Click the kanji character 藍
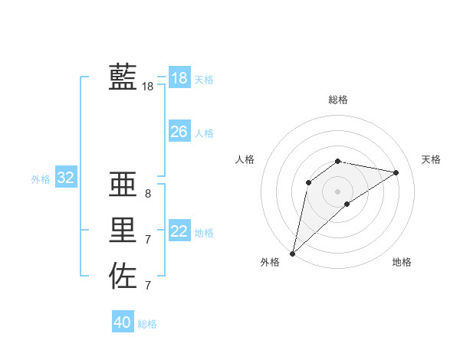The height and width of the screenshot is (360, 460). pyautogui.click(x=123, y=77)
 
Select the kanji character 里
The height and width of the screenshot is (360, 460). pyautogui.click(x=123, y=230)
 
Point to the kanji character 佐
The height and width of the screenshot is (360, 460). pyautogui.click(x=123, y=276)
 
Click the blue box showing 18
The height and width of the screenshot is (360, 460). pyautogui.click(x=179, y=78)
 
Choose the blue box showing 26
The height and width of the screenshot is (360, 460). pyautogui.click(x=179, y=132)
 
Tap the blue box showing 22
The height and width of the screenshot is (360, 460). pyautogui.click(x=179, y=231)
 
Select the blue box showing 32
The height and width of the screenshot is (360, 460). pyautogui.click(x=65, y=178)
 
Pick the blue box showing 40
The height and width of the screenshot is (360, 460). pyautogui.click(x=122, y=322)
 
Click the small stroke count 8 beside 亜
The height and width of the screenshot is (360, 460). pyautogui.click(x=148, y=194)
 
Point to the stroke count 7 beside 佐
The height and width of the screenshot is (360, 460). pyautogui.click(x=148, y=286)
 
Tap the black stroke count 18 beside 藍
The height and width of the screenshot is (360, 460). pyautogui.click(x=148, y=87)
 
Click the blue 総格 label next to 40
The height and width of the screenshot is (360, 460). pyautogui.click(x=147, y=324)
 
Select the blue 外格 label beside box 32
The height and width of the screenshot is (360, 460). pyautogui.click(x=41, y=179)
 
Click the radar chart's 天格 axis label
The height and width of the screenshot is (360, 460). pyautogui.click(x=432, y=159)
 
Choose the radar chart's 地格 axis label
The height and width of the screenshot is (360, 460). pyautogui.click(x=402, y=262)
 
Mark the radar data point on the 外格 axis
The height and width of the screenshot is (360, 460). pyautogui.click(x=292, y=254)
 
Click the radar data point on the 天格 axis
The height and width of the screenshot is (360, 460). pyautogui.click(x=396, y=172)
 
